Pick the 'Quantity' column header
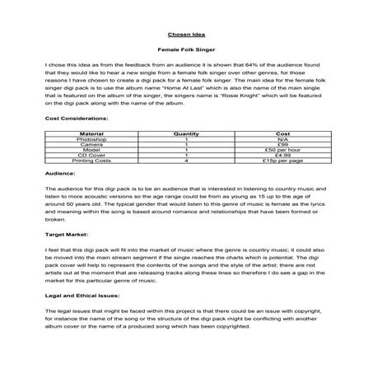tap(187, 132)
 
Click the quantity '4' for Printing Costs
tap(187, 161)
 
